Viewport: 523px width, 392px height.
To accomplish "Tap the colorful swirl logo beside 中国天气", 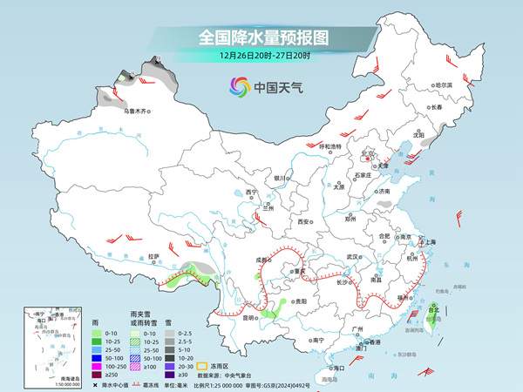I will pyautogui.click(x=239, y=87).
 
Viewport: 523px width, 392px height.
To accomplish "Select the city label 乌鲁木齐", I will pyautogui.click(x=136, y=112).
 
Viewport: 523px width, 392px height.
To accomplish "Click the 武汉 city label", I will pyautogui.click(x=352, y=257).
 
